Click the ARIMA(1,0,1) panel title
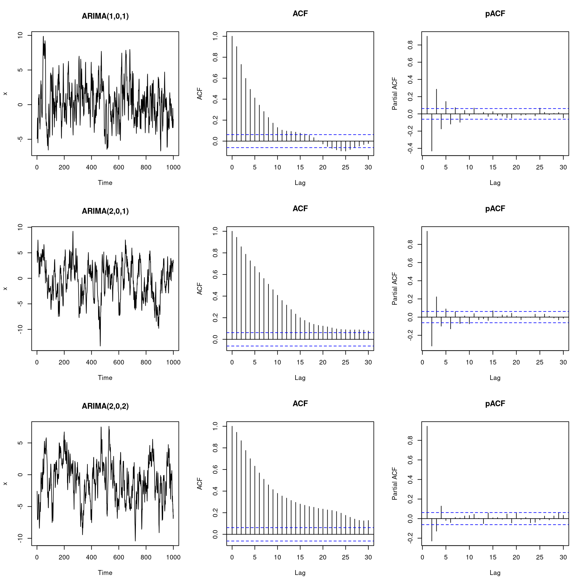105,16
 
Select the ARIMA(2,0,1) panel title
105,211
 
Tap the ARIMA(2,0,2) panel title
105,406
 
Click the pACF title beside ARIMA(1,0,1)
495,14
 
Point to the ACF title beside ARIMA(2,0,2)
300,404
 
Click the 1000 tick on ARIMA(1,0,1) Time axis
173,167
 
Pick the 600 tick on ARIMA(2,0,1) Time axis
119,362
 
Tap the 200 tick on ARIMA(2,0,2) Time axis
64,557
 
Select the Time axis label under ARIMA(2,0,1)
105,378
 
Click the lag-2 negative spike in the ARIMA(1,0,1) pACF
432,134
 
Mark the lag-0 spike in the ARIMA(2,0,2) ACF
232,478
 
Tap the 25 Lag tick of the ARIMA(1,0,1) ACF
346,167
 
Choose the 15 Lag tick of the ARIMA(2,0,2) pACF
493,557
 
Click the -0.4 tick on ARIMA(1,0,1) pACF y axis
410,148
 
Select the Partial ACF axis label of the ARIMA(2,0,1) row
395,289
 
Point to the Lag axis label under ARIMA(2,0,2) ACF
300,573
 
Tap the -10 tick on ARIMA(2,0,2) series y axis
20,538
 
